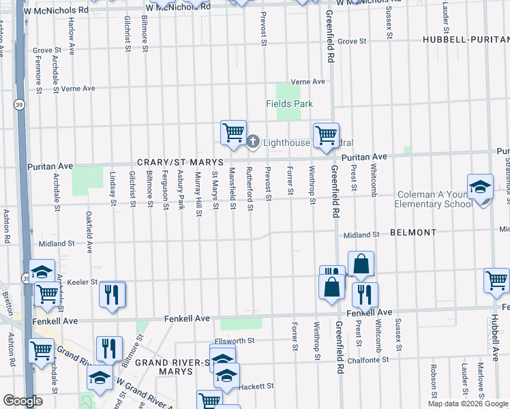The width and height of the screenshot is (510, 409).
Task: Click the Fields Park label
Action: click(289, 104)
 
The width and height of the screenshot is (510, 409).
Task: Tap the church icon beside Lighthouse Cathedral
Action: click(252, 142)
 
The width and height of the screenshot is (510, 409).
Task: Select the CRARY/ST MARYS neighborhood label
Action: click(180, 162)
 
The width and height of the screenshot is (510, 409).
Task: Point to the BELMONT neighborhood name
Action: click(413, 232)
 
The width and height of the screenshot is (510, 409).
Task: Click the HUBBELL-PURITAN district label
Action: click(466, 40)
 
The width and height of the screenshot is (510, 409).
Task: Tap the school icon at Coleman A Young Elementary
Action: click(480, 186)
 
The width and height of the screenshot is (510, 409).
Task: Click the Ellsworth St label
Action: click(234, 340)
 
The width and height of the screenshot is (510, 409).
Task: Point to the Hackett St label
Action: click(255, 385)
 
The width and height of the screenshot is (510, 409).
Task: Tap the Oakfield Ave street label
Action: click(89, 232)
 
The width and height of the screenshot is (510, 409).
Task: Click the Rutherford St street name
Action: click(250, 185)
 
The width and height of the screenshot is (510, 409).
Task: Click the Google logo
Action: click(22, 401)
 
